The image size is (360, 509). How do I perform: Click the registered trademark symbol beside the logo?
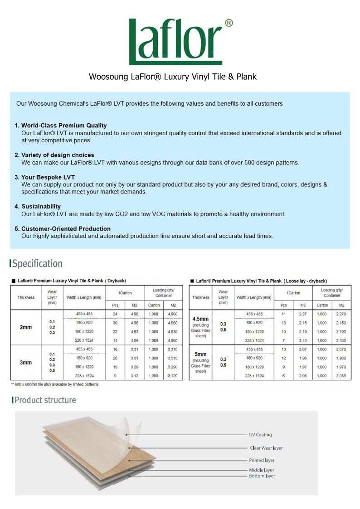229,23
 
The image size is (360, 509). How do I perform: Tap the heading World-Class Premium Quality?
64,126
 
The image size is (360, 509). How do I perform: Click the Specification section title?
37,264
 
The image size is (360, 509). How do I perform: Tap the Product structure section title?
45,400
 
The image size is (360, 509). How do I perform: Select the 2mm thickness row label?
26,327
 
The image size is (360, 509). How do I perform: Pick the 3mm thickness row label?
26,363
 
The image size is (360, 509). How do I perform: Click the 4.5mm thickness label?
200,319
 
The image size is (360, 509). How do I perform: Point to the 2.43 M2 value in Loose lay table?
303,341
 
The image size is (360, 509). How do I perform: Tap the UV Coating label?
260,435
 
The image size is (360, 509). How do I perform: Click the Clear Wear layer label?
266,448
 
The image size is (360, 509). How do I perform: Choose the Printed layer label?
262,461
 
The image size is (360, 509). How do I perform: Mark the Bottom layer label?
262,476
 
